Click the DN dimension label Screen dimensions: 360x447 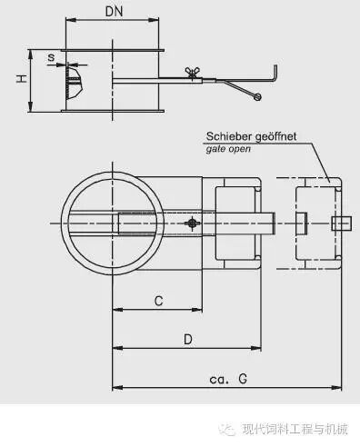click(114, 12)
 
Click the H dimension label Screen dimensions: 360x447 click(22, 79)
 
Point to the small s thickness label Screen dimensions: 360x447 click(52, 57)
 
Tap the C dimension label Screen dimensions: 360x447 click(158, 301)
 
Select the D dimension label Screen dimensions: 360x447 click(188, 340)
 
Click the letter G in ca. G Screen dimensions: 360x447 click(243, 379)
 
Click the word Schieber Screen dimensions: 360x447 click(228, 136)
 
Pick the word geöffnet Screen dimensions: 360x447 click(275, 137)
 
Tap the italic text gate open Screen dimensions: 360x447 click(228, 149)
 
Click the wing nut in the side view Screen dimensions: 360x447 click(192, 73)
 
